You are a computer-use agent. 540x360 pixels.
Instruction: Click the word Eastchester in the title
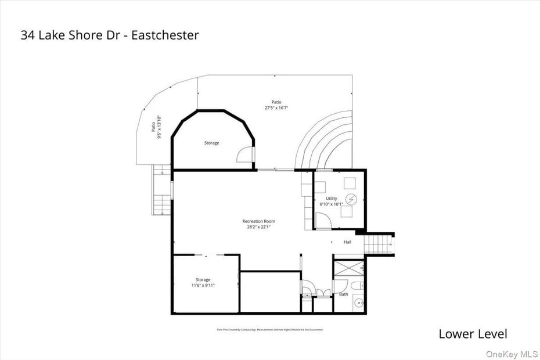165,35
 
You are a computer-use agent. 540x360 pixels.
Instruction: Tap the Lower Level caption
473,334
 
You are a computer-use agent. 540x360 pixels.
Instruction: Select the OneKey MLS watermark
512,354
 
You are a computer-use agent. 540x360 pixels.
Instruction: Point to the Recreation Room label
258,221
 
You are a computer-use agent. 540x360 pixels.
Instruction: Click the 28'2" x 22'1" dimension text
258,227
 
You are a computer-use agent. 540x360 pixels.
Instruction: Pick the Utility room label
331,199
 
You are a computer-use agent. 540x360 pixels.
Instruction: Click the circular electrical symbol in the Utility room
351,200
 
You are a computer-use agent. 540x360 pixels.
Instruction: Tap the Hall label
347,242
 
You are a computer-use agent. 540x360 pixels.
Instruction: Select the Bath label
344,294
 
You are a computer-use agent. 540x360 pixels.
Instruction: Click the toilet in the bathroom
357,285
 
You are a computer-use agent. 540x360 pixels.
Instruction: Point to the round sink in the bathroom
358,303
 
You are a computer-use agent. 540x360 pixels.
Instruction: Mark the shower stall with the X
348,267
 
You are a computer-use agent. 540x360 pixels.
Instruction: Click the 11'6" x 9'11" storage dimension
203,285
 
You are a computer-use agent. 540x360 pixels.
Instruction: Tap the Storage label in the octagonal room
211,143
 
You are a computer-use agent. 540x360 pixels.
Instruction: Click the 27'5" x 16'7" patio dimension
276,107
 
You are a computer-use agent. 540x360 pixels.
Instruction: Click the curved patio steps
325,142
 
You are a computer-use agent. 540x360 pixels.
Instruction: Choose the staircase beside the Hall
379,243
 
